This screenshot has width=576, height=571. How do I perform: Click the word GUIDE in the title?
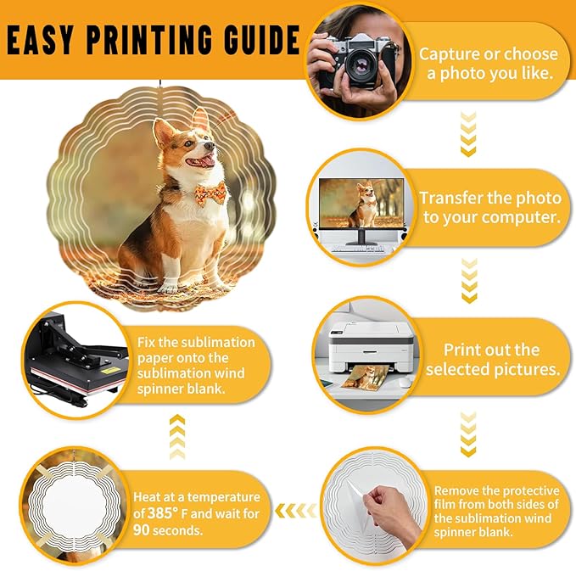262,39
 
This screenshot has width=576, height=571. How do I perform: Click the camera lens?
361,65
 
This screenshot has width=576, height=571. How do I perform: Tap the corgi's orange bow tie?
210,193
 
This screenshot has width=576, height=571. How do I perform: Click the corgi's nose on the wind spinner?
209,146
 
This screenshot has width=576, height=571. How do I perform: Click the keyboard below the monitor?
357,249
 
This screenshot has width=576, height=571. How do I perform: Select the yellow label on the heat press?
109,370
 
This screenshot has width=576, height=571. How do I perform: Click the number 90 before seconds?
142,529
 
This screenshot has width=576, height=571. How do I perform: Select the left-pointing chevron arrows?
295,511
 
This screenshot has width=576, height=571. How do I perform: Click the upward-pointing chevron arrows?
177,437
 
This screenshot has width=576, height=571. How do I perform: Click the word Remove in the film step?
456,491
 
